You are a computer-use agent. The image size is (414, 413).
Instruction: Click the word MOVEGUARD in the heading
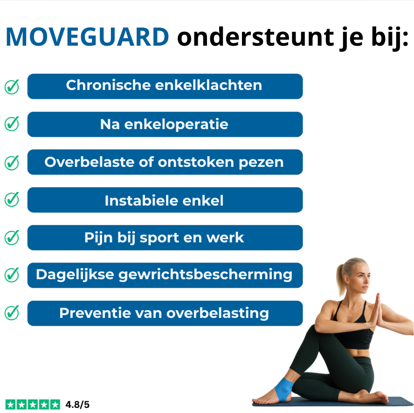(87, 37)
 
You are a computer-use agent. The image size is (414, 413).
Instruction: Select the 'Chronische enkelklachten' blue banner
(165, 86)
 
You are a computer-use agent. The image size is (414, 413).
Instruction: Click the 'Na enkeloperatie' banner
(165, 124)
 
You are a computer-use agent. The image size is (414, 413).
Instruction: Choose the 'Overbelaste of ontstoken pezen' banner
(165, 162)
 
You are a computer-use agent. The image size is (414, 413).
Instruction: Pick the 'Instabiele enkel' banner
(165, 200)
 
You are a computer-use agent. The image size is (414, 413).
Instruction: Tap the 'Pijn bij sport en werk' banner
(165, 238)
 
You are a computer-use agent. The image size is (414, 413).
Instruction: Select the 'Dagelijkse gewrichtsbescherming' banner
(165, 275)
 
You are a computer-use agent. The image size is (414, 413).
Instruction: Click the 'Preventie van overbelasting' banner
(165, 313)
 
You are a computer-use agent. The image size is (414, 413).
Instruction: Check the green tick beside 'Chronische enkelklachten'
(12, 87)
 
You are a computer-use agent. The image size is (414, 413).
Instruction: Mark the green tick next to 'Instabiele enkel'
(12, 200)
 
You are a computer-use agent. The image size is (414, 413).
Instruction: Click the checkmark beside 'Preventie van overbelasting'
(12, 312)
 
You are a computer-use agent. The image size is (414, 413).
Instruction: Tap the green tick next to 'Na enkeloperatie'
(12, 124)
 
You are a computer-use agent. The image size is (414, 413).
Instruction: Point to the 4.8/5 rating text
(77, 405)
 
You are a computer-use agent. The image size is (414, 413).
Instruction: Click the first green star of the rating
(10, 405)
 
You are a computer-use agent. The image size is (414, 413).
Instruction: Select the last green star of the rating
(55, 405)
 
